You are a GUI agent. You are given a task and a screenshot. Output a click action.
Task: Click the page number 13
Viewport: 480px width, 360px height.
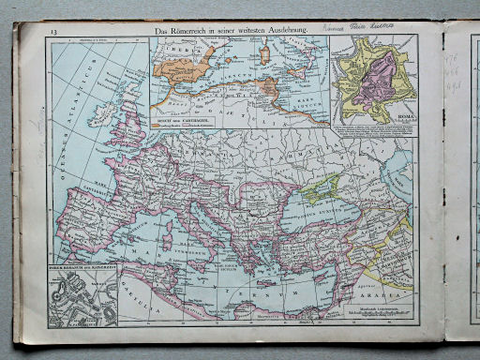click(55, 33)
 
